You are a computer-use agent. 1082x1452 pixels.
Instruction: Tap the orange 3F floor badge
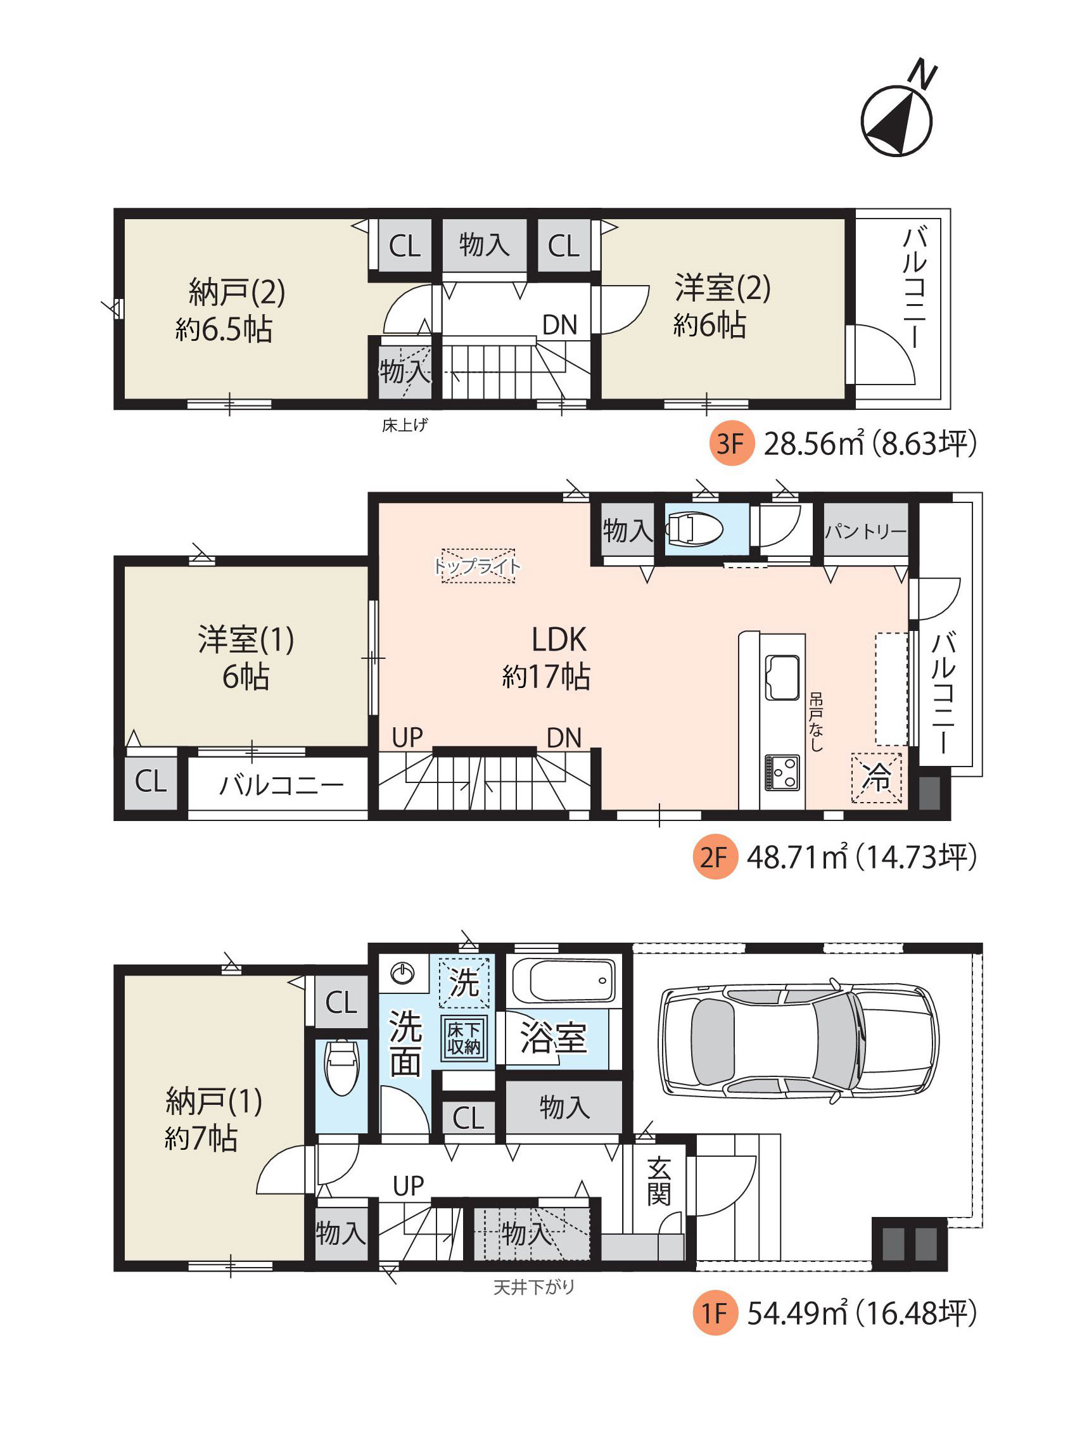(x=730, y=443)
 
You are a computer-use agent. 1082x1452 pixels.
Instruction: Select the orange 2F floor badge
(x=714, y=857)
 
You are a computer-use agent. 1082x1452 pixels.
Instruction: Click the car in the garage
(x=798, y=1040)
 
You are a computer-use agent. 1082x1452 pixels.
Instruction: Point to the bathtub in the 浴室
(x=563, y=981)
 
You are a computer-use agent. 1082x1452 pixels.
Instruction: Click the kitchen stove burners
(x=782, y=773)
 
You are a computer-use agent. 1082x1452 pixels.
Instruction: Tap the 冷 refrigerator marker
(x=876, y=777)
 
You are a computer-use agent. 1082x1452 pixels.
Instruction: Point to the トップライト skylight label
(x=478, y=566)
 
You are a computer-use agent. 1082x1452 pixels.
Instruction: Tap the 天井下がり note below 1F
(x=534, y=1287)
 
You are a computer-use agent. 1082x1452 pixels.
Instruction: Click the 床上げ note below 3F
(x=405, y=425)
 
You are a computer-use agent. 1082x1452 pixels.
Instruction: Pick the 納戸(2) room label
(x=236, y=291)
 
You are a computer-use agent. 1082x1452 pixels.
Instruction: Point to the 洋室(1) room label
(x=246, y=639)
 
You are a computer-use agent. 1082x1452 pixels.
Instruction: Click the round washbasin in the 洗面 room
(x=403, y=973)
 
